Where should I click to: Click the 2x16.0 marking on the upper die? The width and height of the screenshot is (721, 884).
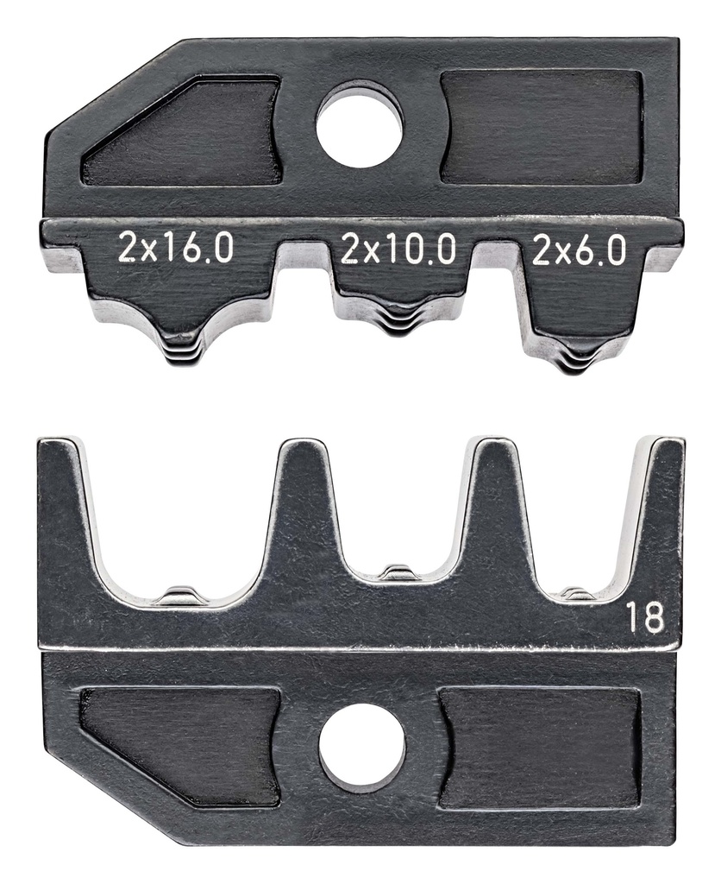tap(176, 250)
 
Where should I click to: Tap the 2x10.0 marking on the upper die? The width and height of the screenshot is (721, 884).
tap(398, 250)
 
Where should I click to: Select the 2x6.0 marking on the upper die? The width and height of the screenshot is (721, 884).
tap(578, 250)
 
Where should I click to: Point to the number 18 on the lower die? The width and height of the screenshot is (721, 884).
tap(645, 618)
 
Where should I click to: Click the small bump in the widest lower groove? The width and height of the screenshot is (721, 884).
tap(180, 595)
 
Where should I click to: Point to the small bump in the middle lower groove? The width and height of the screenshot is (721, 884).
tap(398, 572)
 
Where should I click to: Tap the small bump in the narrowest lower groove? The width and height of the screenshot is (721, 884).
tap(578, 593)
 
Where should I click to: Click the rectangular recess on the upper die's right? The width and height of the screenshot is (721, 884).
tap(541, 127)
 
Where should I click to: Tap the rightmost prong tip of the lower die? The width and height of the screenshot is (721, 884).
tap(666, 444)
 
